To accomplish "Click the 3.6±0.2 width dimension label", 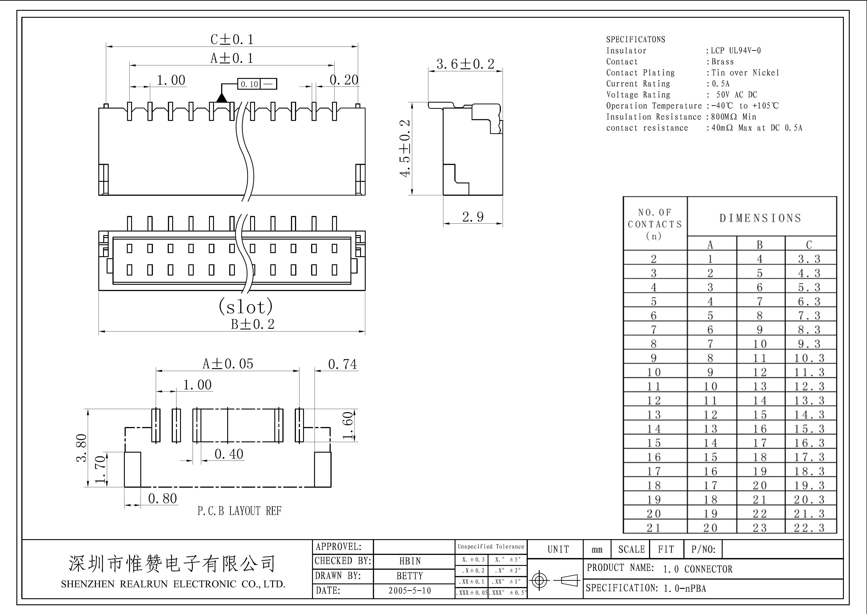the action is coord(465,64).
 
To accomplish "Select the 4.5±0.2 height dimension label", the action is coord(405,148).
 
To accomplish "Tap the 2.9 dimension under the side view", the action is coord(473,217).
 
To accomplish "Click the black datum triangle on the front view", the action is coord(222,98).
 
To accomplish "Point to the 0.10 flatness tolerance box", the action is coord(257,84).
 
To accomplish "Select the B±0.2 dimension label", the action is coord(253,324).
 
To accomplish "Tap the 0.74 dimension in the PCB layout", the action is coord(342,364).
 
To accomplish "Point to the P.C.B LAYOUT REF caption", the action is coord(239,511).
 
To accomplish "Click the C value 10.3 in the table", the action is coord(809,358).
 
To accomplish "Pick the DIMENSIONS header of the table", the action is coord(760,218).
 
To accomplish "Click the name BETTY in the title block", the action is coord(410,576).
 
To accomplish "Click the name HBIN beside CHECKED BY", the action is coord(410,561).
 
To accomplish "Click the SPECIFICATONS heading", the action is coord(636,39).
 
